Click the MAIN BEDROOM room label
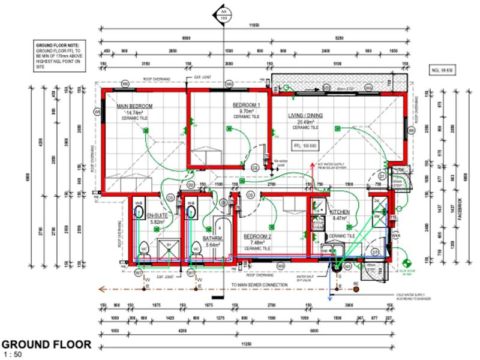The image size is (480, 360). pos(135,106)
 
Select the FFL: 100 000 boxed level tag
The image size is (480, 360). pos(305,146)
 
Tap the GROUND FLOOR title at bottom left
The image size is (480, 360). pos(46,345)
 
